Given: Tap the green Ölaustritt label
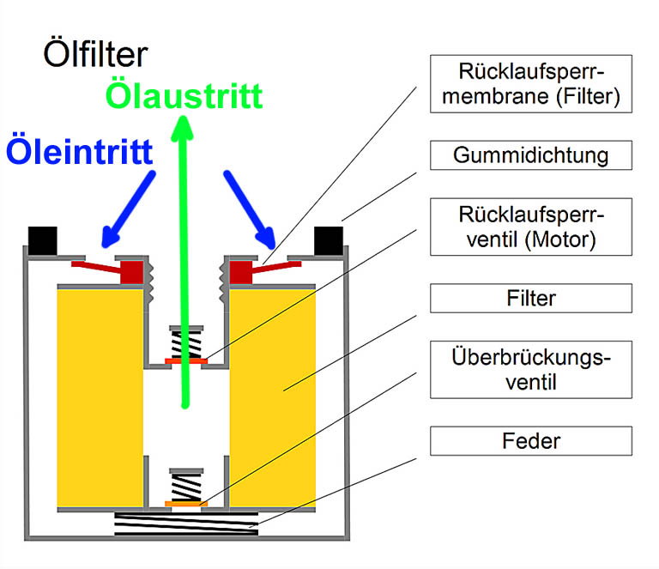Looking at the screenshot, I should tap(183, 95).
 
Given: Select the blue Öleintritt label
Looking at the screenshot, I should tap(79, 151).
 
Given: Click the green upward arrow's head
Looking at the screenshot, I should tap(183, 129).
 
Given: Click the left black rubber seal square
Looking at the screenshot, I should tap(42, 239).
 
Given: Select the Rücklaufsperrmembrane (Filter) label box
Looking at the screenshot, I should tap(531, 83).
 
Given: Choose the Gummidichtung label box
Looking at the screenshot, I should tap(531, 155).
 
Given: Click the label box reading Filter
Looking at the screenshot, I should tap(531, 298).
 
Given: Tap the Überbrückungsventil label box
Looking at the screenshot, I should tap(531, 369).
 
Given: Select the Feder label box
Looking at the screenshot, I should tap(531, 441).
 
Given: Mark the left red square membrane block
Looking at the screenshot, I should tap(131, 272).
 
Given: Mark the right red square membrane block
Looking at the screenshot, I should tap(240, 272).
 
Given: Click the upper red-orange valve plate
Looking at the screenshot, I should tap(185, 361).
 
